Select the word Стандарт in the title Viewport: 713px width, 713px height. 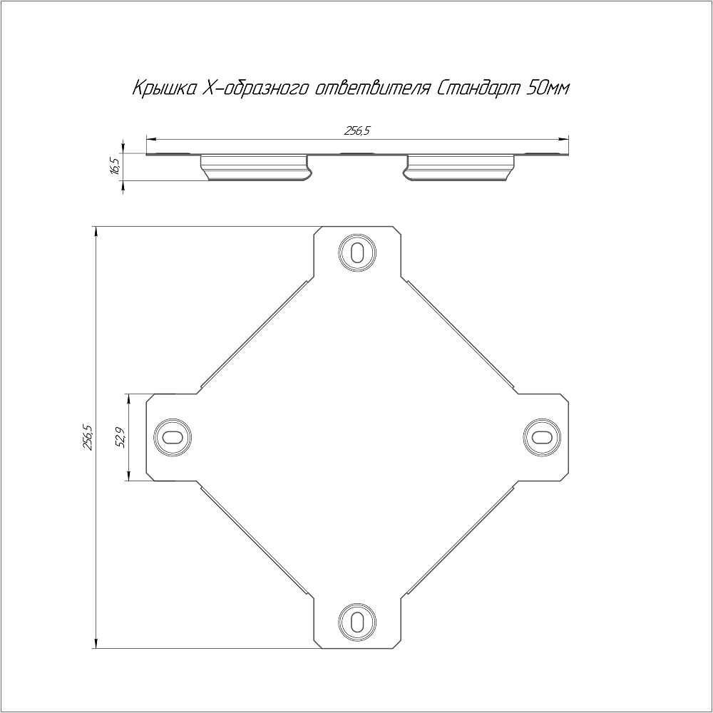point(479,88)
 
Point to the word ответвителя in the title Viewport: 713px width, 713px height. point(371,88)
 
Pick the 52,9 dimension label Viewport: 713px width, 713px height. point(120,438)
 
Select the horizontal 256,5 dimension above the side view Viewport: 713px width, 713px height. point(357,131)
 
